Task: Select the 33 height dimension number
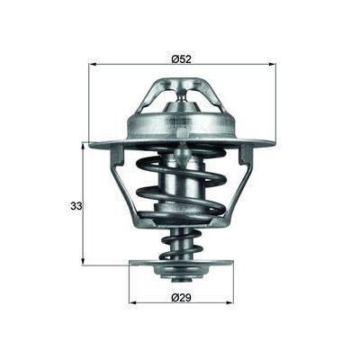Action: tap(76, 206)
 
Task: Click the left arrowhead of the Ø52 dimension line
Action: tap(94, 64)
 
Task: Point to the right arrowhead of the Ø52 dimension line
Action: tap(272, 64)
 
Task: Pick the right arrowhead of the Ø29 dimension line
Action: tap(231, 299)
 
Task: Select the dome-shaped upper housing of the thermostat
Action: tap(183, 121)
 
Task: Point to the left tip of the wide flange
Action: tap(92, 143)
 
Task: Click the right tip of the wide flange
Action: tap(274, 143)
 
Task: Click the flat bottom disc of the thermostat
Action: tap(183, 264)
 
